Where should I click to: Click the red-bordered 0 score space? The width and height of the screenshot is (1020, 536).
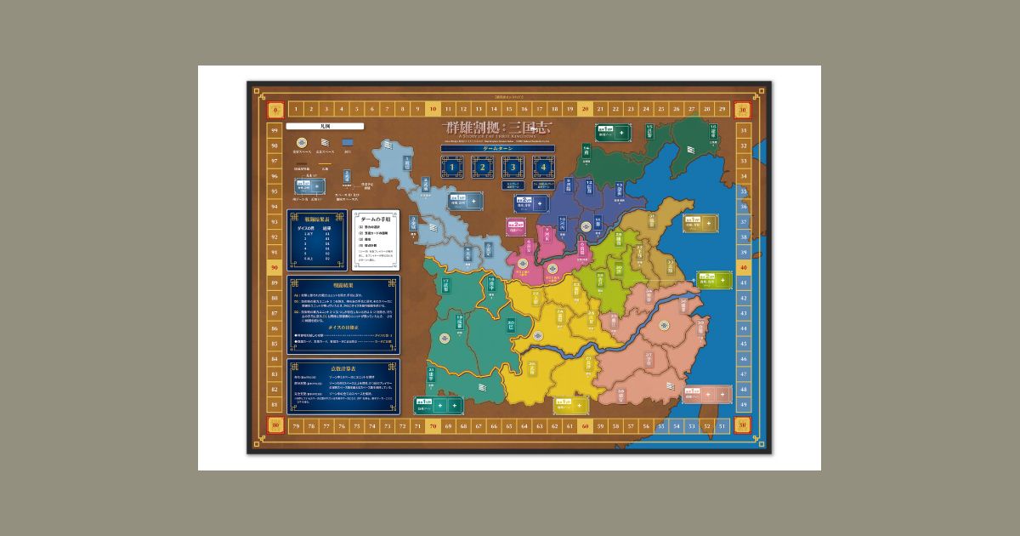click(275, 109)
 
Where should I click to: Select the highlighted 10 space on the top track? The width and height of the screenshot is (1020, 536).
click(433, 109)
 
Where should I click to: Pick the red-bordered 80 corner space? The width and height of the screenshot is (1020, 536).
click(275, 425)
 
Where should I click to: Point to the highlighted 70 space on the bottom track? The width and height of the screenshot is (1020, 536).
click(433, 425)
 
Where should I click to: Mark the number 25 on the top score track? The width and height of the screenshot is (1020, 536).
click(660, 109)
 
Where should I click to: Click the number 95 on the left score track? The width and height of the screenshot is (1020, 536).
click(275, 191)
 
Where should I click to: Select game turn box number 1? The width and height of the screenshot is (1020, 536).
click(453, 168)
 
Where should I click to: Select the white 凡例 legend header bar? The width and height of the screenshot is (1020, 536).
click(313, 126)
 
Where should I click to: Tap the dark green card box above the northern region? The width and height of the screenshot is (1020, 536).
click(614, 133)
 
